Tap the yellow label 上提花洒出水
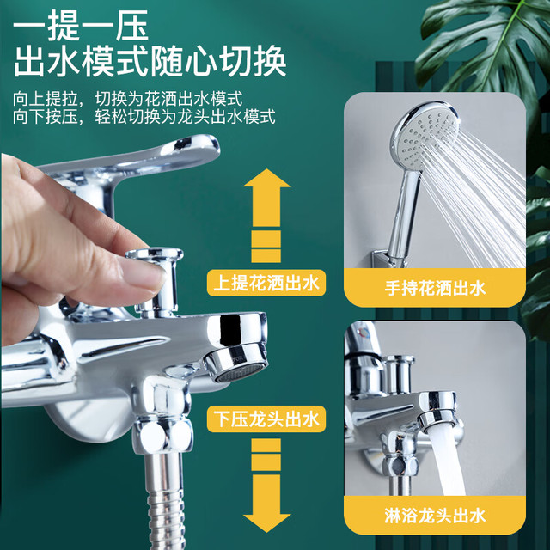266,283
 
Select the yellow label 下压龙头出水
266,419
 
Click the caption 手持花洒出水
435,289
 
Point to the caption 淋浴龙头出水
435,516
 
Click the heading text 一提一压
81,26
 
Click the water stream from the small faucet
446,460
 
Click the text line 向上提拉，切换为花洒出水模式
128,99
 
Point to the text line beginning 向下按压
144,117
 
